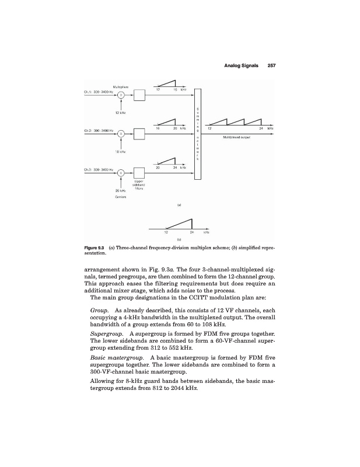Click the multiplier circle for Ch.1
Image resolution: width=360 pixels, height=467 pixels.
click(121, 95)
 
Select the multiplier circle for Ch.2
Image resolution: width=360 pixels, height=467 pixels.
click(121, 134)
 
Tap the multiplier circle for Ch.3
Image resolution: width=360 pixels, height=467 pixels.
click(121, 173)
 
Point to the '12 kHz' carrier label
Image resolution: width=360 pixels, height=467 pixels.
click(121, 112)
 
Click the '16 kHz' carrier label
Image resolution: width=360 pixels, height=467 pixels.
click(121, 151)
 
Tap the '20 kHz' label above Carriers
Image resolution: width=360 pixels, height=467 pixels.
click(121, 190)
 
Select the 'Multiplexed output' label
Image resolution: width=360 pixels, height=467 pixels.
click(236, 138)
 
